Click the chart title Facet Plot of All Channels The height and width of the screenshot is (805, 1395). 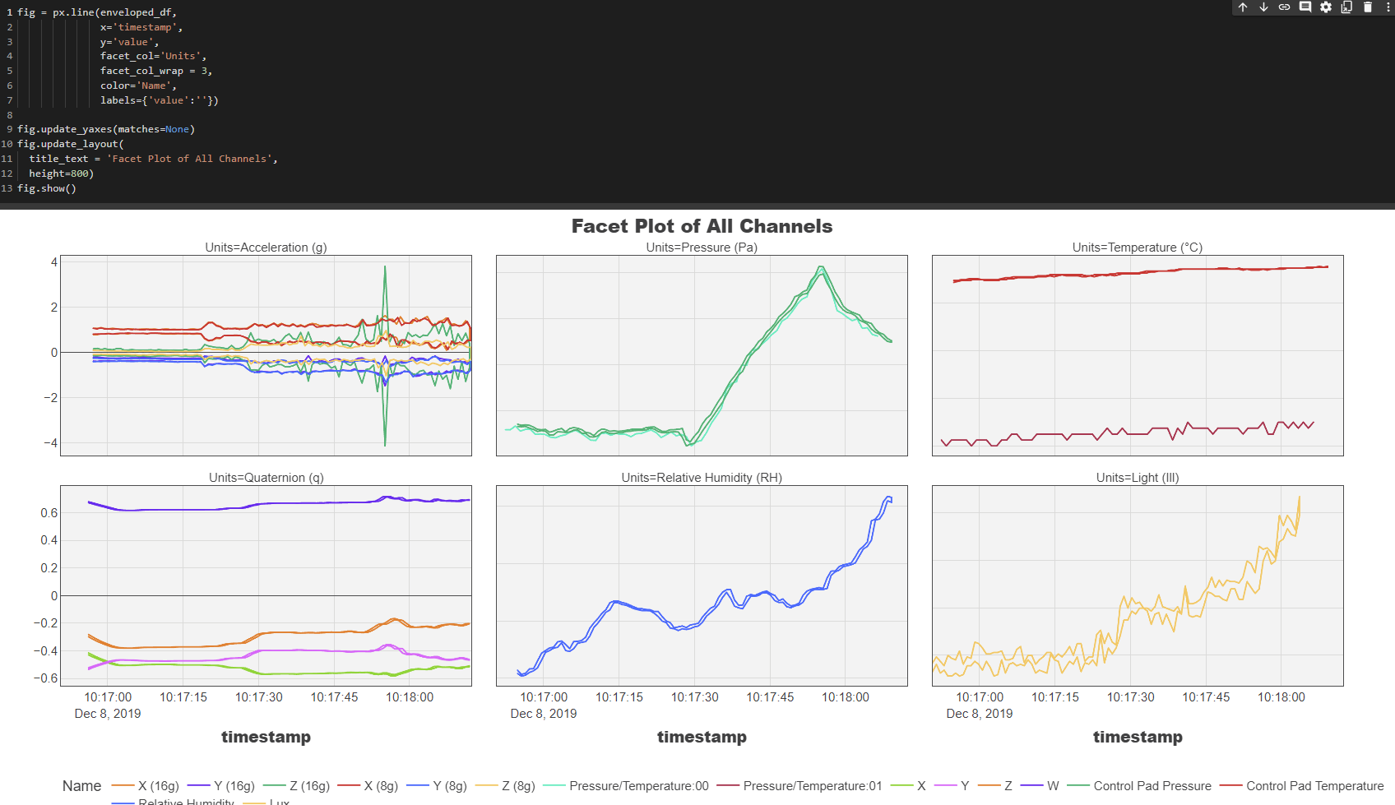[x=702, y=226]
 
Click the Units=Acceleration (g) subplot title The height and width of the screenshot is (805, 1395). [x=266, y=248]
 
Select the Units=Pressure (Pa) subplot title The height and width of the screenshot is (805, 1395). [x=702, y=248]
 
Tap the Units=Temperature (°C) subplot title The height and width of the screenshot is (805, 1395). [x=1137, y=248]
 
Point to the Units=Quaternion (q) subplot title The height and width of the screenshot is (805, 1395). [x=266, y=478]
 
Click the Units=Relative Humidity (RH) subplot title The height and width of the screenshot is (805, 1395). [x=702, y=478]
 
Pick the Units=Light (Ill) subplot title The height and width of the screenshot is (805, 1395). [x=1137, y=478]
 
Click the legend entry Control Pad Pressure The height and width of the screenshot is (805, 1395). [x=1152, y=786]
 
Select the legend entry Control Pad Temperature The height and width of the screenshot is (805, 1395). [x=1314, y=786]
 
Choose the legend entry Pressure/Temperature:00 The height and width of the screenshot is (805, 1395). [x=638, y=786]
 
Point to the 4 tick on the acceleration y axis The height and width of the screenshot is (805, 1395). [x=54, y=262]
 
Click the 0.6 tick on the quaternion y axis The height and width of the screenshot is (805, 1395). [x=49, y=513]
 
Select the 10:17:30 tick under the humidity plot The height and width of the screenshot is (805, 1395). [x=694, y=697]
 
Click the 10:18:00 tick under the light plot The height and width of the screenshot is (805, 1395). [x=1281, y=697]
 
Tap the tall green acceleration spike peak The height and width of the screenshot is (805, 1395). [x=385, y=267]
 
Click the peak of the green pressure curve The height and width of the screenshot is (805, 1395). [x=821, y=267]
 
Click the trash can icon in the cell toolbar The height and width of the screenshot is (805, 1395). [x=1368, y=7]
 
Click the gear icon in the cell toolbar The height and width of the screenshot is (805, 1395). [x=1326, y=7]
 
